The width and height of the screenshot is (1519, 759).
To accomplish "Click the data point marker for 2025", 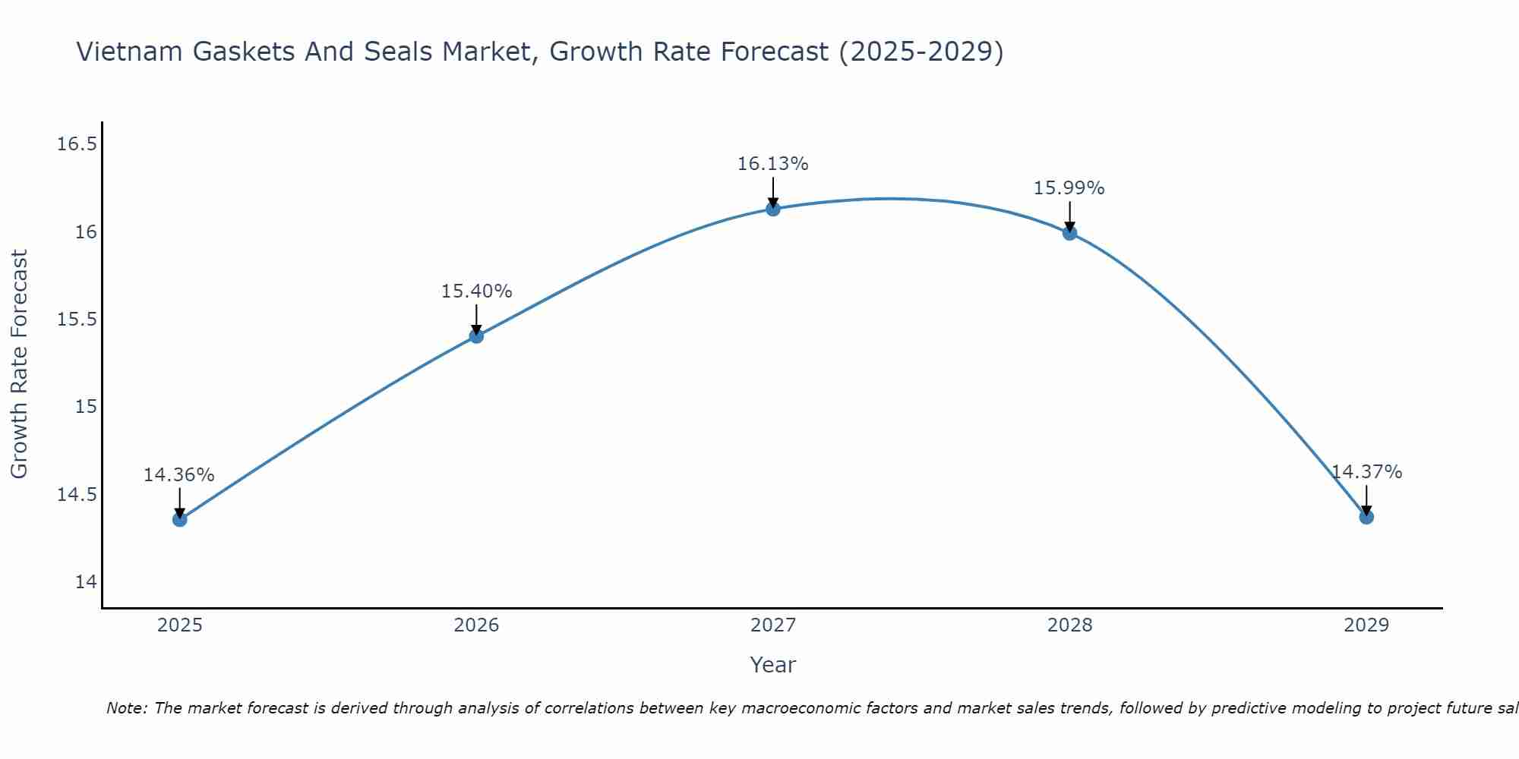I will tap(179, 519).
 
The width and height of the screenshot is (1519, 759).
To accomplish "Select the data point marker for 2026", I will tap(476, 335).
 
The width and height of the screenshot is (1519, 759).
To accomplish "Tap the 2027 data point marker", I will tap(773, 209).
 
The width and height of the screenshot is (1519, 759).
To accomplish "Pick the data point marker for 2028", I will tap(1069, 233).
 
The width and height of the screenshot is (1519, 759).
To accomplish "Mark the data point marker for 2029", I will tap(1366, 517).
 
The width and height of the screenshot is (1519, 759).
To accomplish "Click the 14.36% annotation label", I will tap(179, 475).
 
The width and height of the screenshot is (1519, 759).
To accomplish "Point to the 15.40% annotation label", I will tap(476, 291).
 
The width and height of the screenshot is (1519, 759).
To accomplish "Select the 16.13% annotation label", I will tap(773, 164).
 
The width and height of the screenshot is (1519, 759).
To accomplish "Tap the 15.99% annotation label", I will tap(1069, 188).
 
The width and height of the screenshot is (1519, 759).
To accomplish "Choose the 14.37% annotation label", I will tap(1366, 472).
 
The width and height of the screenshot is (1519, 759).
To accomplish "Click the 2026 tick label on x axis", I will tap(476, 625).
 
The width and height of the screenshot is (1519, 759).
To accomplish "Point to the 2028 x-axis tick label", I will tap(1069, 625).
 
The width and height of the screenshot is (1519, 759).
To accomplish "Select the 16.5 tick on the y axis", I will tap(77, 144).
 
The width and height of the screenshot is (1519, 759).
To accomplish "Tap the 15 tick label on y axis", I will tap(87, 407).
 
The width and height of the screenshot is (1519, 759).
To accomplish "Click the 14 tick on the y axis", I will tap(87, 582).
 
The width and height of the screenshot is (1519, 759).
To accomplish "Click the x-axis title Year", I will tap(772, 665).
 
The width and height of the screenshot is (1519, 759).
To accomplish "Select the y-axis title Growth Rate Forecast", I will tap(20, 364).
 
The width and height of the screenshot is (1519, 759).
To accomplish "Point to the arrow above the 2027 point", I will tap(773, 191).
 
